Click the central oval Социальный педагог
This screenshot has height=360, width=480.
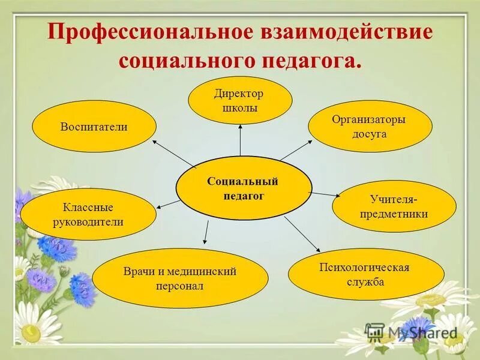(x=244, y=187)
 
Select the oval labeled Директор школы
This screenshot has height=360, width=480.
(x=240, y=100)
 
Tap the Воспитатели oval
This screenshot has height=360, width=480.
(x=94, y=127)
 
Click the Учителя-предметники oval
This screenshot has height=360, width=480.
(x=394, y=206)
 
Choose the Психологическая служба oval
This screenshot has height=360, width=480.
(x=366, y=274)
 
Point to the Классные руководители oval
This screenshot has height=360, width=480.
(x=88, y=214)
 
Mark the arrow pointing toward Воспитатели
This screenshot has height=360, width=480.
(x=173, y=154)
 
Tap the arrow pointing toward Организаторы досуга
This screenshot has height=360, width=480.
(x=296, y=150)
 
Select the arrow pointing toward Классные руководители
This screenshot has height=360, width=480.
(x=169, y=204)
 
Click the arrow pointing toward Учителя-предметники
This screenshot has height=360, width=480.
(x=324, y=194)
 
